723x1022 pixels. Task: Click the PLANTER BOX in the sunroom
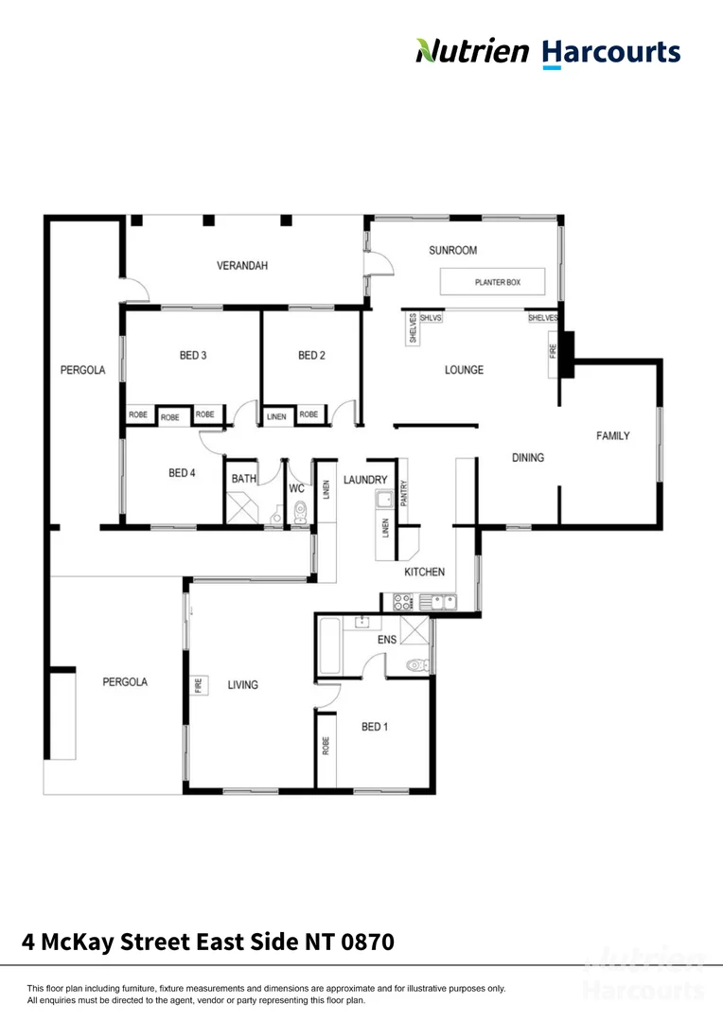pos(493,282)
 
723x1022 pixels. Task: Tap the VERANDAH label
pos(242,266)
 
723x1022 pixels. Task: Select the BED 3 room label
pos(193,356)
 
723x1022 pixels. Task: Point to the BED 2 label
pos(311,356)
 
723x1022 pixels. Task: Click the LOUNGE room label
pos(464,370)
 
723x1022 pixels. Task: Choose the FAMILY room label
pos(612,436)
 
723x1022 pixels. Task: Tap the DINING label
pos(528,458)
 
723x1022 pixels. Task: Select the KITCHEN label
pos(425,573)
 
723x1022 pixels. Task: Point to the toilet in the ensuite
pos(415,666)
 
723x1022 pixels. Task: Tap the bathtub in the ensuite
pos(328,646)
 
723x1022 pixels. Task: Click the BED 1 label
pos(375,727)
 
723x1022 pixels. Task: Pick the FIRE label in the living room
pos(199,683)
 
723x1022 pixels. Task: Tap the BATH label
pos(244,479)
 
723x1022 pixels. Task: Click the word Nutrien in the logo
pos(472,51)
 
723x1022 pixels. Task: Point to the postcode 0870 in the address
pos(363,942)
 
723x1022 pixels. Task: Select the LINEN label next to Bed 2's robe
pos(276,414)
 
